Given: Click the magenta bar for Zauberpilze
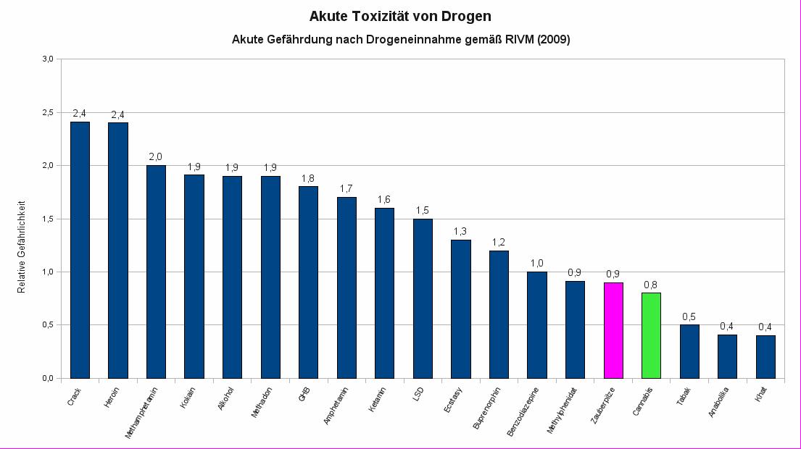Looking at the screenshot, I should point(613,330).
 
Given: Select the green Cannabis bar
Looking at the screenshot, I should point(651,335).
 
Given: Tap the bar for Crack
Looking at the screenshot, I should point(80,250).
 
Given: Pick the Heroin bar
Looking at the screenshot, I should point(117,251).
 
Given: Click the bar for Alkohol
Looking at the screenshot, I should point(232,277).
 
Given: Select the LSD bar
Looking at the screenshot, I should point(423,298).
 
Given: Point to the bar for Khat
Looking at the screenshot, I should point(765,356).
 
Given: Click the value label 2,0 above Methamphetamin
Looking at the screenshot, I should point(156,156).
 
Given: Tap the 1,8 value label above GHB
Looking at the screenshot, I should point(308,177).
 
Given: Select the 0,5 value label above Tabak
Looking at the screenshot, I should point(689,316).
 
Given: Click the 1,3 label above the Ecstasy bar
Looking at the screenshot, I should point(460,231).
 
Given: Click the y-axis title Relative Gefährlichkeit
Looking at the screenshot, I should point(22,246).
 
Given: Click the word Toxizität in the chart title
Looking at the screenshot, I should point(382,16).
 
